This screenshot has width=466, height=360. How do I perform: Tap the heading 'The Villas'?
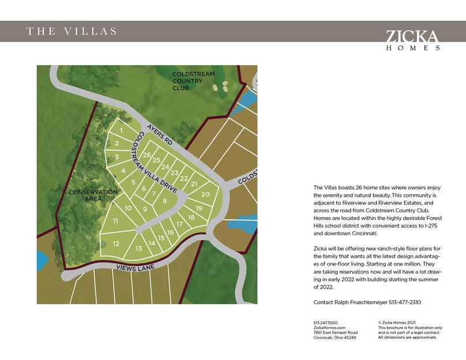tap(72, 31)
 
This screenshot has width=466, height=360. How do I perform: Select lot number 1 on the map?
tap(121, 131)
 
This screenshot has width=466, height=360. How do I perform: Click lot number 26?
tap(147, 155)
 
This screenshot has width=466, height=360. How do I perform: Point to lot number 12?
tap(116, 243)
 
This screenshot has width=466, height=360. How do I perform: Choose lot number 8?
tap(165, 201)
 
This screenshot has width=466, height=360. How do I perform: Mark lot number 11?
tap(115, 221)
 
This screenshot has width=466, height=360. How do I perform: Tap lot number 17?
tap(179, 224)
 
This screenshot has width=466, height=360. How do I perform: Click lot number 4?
tap(123, 170)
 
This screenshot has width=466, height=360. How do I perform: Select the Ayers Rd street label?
tap(160, 134)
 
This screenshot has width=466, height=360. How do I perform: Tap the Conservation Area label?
tap(93, 195)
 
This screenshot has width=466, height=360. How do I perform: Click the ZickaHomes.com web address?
tap(329, 328)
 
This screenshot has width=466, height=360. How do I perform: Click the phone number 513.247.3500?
tap(326, 322)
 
